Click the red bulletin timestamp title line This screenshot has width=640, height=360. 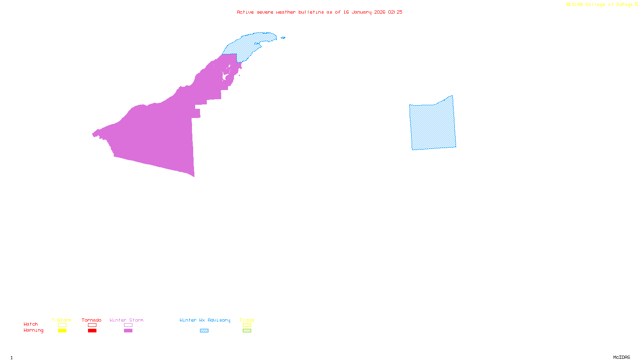click(320, 12)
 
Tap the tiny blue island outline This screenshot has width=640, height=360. click(283, 38)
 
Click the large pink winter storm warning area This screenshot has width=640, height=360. click(160, 132)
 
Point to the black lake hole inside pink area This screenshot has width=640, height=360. click(225, 76)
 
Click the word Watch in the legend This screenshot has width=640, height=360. click(31, 324)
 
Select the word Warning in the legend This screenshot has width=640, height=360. click(34, 330)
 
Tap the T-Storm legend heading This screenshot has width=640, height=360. click(62, 320)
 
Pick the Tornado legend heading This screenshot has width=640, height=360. click(92, 320)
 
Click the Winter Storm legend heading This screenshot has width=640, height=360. click(126, 320)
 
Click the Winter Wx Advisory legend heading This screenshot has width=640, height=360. click(205, 320)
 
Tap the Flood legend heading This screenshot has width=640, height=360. click(247, 320)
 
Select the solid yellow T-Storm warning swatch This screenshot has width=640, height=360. click(62, 331)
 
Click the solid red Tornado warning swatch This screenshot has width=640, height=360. click(92, 331)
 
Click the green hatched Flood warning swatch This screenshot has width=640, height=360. click(247, 331)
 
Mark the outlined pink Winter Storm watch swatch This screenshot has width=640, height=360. click(128, 325)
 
